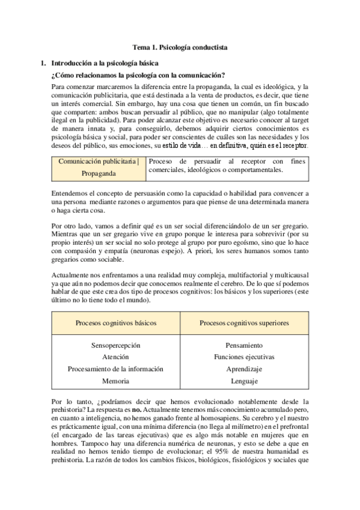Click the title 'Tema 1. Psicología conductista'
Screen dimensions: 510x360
180,47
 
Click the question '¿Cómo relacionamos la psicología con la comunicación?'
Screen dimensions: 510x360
138,75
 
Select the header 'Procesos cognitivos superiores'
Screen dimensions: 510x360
244,323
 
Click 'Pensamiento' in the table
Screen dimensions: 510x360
244,346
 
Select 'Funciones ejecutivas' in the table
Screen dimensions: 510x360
244,357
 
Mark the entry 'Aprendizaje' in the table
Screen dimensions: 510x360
244,369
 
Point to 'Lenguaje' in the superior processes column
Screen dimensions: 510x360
244,381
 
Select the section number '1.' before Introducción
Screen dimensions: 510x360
42,62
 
